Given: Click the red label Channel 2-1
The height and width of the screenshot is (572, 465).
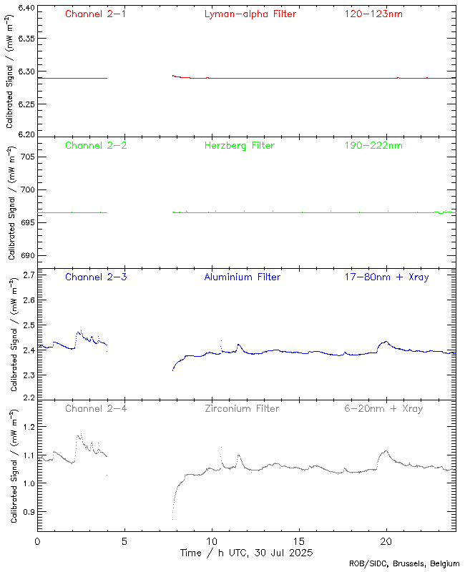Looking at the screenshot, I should click(96, 14).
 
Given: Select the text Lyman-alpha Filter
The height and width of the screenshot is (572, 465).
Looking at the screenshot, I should click(250, 14).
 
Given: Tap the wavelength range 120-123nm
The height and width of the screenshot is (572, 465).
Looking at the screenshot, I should click(372, 14).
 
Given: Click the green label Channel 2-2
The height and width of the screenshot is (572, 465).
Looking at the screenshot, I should click(96, 145).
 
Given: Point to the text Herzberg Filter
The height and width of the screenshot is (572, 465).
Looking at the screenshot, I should click(240, 145).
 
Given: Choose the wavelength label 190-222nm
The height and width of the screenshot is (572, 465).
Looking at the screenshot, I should click(372, 145).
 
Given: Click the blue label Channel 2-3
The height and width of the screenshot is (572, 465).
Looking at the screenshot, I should click(96, 277).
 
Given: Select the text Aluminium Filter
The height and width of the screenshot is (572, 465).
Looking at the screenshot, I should click(242, 277).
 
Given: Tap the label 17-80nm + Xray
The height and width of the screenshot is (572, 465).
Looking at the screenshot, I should click(386, 277).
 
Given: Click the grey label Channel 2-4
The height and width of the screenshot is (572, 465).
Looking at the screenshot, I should click(96, 408).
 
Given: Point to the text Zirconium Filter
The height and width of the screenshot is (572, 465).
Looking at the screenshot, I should click(241, 408).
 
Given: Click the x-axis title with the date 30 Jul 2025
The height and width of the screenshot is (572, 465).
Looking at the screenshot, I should click(246, 553).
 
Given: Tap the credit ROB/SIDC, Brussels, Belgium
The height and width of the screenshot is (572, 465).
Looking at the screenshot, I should click(404, 564).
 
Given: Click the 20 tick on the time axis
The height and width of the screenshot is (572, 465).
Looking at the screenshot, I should click(386, 541).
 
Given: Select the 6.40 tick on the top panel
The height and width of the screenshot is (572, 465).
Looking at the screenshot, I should click(25, 8).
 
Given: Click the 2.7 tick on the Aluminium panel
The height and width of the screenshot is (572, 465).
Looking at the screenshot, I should click(28, 275).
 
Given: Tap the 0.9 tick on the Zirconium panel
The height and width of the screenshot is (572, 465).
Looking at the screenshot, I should click(28, 512).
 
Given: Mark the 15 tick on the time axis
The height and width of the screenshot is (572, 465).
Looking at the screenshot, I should click(299, 541).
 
